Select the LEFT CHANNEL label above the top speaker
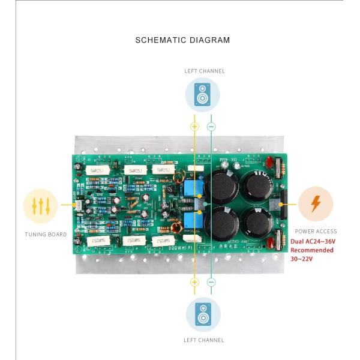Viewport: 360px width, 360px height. [x=204, y=71]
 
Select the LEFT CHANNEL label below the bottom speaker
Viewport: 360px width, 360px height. [x=204, y=340]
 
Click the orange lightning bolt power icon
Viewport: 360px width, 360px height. [x=315, y=204]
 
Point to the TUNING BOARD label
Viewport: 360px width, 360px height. [x=46, y=234]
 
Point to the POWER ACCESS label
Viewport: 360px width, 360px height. [x=315, y=231]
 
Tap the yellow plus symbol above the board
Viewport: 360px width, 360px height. [x=194, y=127]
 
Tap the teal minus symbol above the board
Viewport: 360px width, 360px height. [x=211, y=127]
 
